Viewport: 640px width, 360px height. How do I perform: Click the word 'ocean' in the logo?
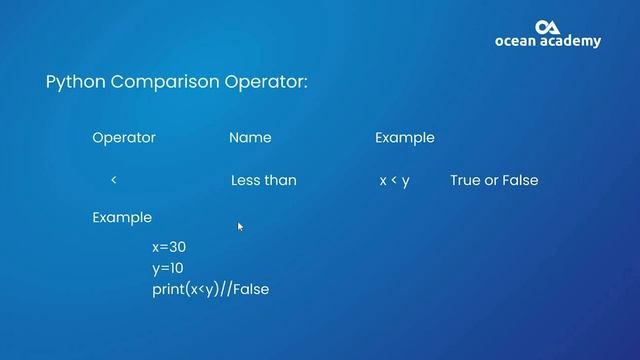pyautogui.click(x=518, y=42)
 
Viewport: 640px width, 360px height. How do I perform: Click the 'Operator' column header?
pyautogui.click(x=124, y=138)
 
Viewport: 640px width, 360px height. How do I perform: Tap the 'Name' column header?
pyautogui.click(x=250, y=138)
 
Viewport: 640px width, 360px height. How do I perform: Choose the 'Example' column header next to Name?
pyautogui.click(x=404, y=138)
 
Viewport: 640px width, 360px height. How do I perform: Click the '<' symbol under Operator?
pyautogui.click(x=114, y=180)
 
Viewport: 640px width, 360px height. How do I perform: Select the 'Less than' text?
pyautogui.click(x=263, y=181)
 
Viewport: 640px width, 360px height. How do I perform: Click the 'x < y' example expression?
pyautogui.click(x=395, y=181)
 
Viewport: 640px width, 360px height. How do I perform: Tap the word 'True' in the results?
pyautogui.click(x=466, y=181)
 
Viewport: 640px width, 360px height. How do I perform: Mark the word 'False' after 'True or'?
pyautogui.click(x=519, y=181)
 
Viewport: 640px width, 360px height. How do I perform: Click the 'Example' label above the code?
pyautogui.click(x=122, y=217)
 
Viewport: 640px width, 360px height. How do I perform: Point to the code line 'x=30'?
pyautogui.click(x=169, y=247)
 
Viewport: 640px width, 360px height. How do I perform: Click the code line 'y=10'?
pyautogui.click(x=168, y=268)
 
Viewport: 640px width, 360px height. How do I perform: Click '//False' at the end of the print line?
pyautogui.click(x=245, y=289)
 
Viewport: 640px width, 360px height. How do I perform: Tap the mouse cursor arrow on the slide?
pyautogui.click(x=240, y=227)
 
